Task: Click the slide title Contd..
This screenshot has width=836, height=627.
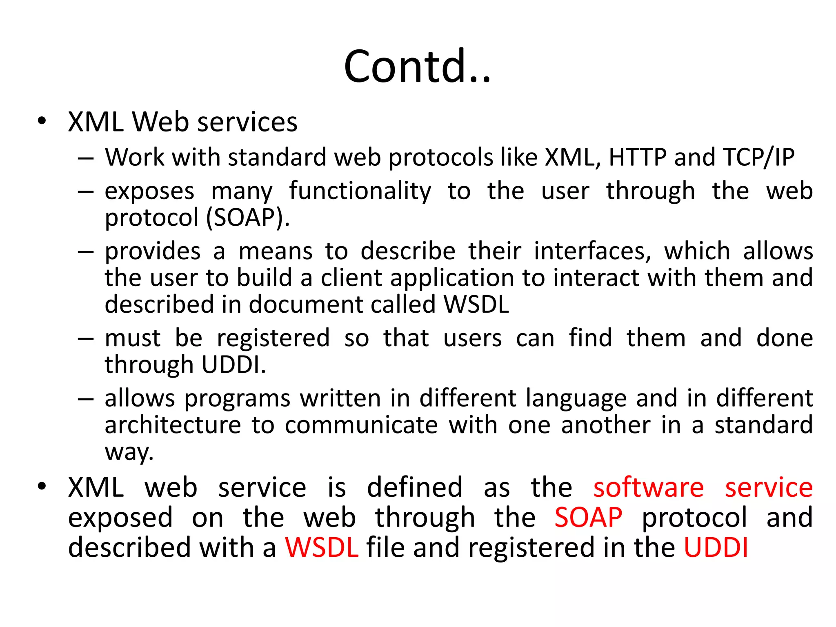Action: point(417,66)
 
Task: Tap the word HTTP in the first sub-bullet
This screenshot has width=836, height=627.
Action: point(638,157)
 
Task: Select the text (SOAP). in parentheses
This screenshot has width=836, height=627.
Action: point(248,217)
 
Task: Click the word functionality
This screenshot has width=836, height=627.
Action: point(360,191)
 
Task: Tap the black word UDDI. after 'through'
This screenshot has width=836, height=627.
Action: point(233,365)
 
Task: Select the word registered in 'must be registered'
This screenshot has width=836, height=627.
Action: point(273,338)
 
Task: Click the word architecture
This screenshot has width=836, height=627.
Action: point(173,425)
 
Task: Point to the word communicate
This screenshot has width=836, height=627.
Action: point(361,425)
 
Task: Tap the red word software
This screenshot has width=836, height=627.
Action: point(648,487)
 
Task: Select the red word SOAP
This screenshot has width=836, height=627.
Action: point(588,518)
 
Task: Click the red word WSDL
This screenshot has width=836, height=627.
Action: point(322,547)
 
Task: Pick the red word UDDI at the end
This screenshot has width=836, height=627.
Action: point(716,547)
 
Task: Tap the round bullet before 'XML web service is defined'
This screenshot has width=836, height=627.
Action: point(42,486)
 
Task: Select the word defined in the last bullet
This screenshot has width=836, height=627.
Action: point(414,487)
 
